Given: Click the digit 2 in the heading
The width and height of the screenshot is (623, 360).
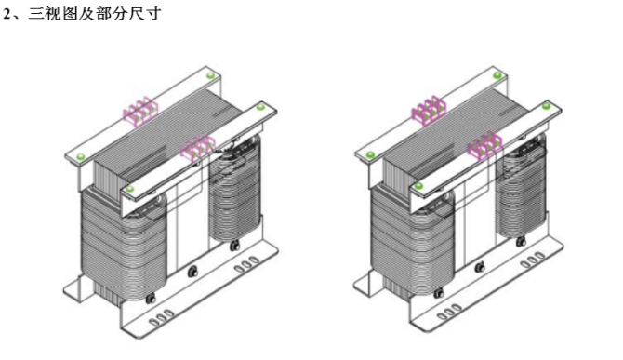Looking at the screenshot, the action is pos(7,14).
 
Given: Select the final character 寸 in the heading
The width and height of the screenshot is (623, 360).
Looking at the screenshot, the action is pos(153,14).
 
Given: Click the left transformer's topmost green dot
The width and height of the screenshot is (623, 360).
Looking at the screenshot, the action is pos(210,75).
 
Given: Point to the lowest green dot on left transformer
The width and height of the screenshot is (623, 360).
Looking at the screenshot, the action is pos(129,190).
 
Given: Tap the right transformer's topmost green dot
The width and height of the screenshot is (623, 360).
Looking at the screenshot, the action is pos(497,75).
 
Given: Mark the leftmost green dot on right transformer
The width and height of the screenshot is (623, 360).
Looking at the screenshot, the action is pos(370,155).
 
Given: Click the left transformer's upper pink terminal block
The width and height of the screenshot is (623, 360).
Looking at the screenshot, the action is pos(140,110).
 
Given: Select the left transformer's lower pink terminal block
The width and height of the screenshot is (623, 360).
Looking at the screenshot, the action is pos(197,146).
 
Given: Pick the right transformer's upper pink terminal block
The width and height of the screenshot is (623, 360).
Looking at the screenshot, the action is pos(429,110).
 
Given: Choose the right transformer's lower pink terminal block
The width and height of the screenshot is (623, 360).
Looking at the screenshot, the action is pos(484,145).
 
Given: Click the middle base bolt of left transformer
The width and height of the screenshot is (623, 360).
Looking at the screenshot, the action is pos(193,272).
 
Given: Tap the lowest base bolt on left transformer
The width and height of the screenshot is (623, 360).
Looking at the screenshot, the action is pos(151,299).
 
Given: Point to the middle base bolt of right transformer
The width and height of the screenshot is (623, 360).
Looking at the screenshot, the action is pos(480,268).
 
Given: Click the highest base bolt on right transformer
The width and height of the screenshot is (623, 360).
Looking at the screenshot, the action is pos(521,241).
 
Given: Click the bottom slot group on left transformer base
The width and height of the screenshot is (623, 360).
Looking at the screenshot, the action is pos(161,318).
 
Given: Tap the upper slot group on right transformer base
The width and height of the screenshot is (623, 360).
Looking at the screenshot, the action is pos(533,260).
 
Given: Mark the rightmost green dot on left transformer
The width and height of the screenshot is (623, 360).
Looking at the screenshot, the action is pos(260,107).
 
